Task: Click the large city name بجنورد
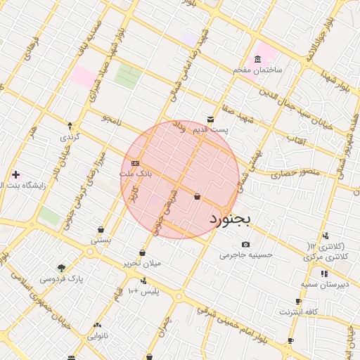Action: pos(230,220)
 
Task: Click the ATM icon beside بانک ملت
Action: pos(135,163)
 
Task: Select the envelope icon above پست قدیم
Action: pos(211,120)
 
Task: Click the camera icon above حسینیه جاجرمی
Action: pos(245,244)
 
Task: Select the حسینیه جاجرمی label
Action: pos(245,255)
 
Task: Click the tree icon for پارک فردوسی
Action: pos(61,268)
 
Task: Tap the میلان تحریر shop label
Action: pos(143,264)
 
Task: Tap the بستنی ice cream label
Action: pos(101,240)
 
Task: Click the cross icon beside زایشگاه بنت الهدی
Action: pos(15,174)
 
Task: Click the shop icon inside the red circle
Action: pos(197,196)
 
